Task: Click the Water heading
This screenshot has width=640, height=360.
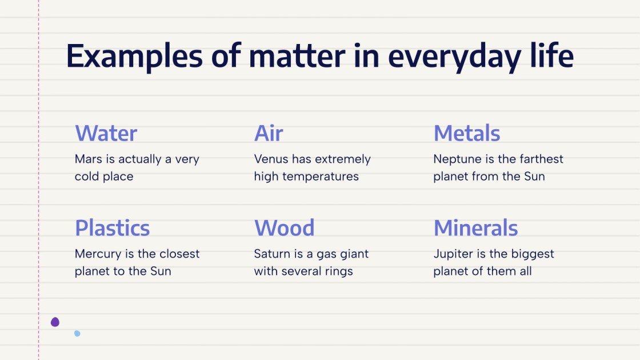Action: click(x=106, y=134)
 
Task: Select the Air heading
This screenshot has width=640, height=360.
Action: click(x=269, y=134)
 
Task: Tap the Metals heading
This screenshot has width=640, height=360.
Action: click(x=466, y=134)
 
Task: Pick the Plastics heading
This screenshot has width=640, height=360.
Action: click(x=112, y=229)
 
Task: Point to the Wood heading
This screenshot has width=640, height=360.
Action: click(x=284, y=229)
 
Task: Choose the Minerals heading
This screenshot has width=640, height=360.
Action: click(x=475, y=229)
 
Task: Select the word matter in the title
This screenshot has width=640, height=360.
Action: click(x=297, y=57)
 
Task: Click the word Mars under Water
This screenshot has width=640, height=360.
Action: click(x=87, y=159)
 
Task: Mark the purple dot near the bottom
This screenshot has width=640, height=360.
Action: click(x=55, y=322)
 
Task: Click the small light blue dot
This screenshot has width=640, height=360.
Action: click(x=77, y=333)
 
